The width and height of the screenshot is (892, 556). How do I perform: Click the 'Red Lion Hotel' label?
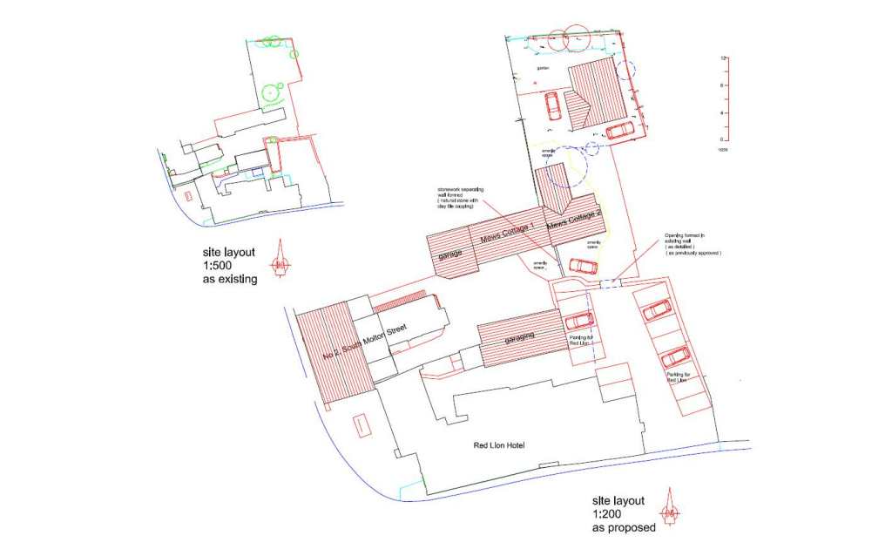[x=498, y=445]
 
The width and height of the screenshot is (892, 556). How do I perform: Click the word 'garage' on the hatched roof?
[x=450, y=254]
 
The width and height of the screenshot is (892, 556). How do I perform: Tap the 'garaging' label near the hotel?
[x=519, y=337]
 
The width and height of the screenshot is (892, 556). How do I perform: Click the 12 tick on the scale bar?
[x=723, y=58]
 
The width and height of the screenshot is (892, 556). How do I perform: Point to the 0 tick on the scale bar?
[x=723, y=139]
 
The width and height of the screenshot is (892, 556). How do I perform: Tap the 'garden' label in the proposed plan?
[x=543, y=68]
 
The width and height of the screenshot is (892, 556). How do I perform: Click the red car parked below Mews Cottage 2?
[x=582, y=265]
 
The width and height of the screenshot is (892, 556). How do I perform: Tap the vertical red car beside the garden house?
[x=552, y=107]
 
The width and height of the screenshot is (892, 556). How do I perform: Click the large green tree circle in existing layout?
[x=273, y=92]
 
